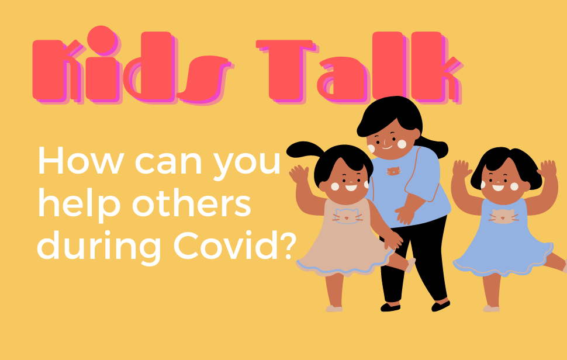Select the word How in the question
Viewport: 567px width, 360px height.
click(x=81, y=161)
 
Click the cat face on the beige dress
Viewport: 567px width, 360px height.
click(x=347, y=216)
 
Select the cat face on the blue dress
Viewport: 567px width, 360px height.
click(x=503, y=216)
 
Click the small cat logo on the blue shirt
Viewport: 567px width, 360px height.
click(x=394, y=171)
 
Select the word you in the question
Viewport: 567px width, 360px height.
click(x=247, y=164)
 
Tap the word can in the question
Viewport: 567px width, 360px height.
click(x=168, y=163)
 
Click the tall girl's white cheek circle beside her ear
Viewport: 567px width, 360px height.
click(x=402, y=144)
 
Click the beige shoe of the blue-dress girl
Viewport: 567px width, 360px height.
click(x=491, y=309)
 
